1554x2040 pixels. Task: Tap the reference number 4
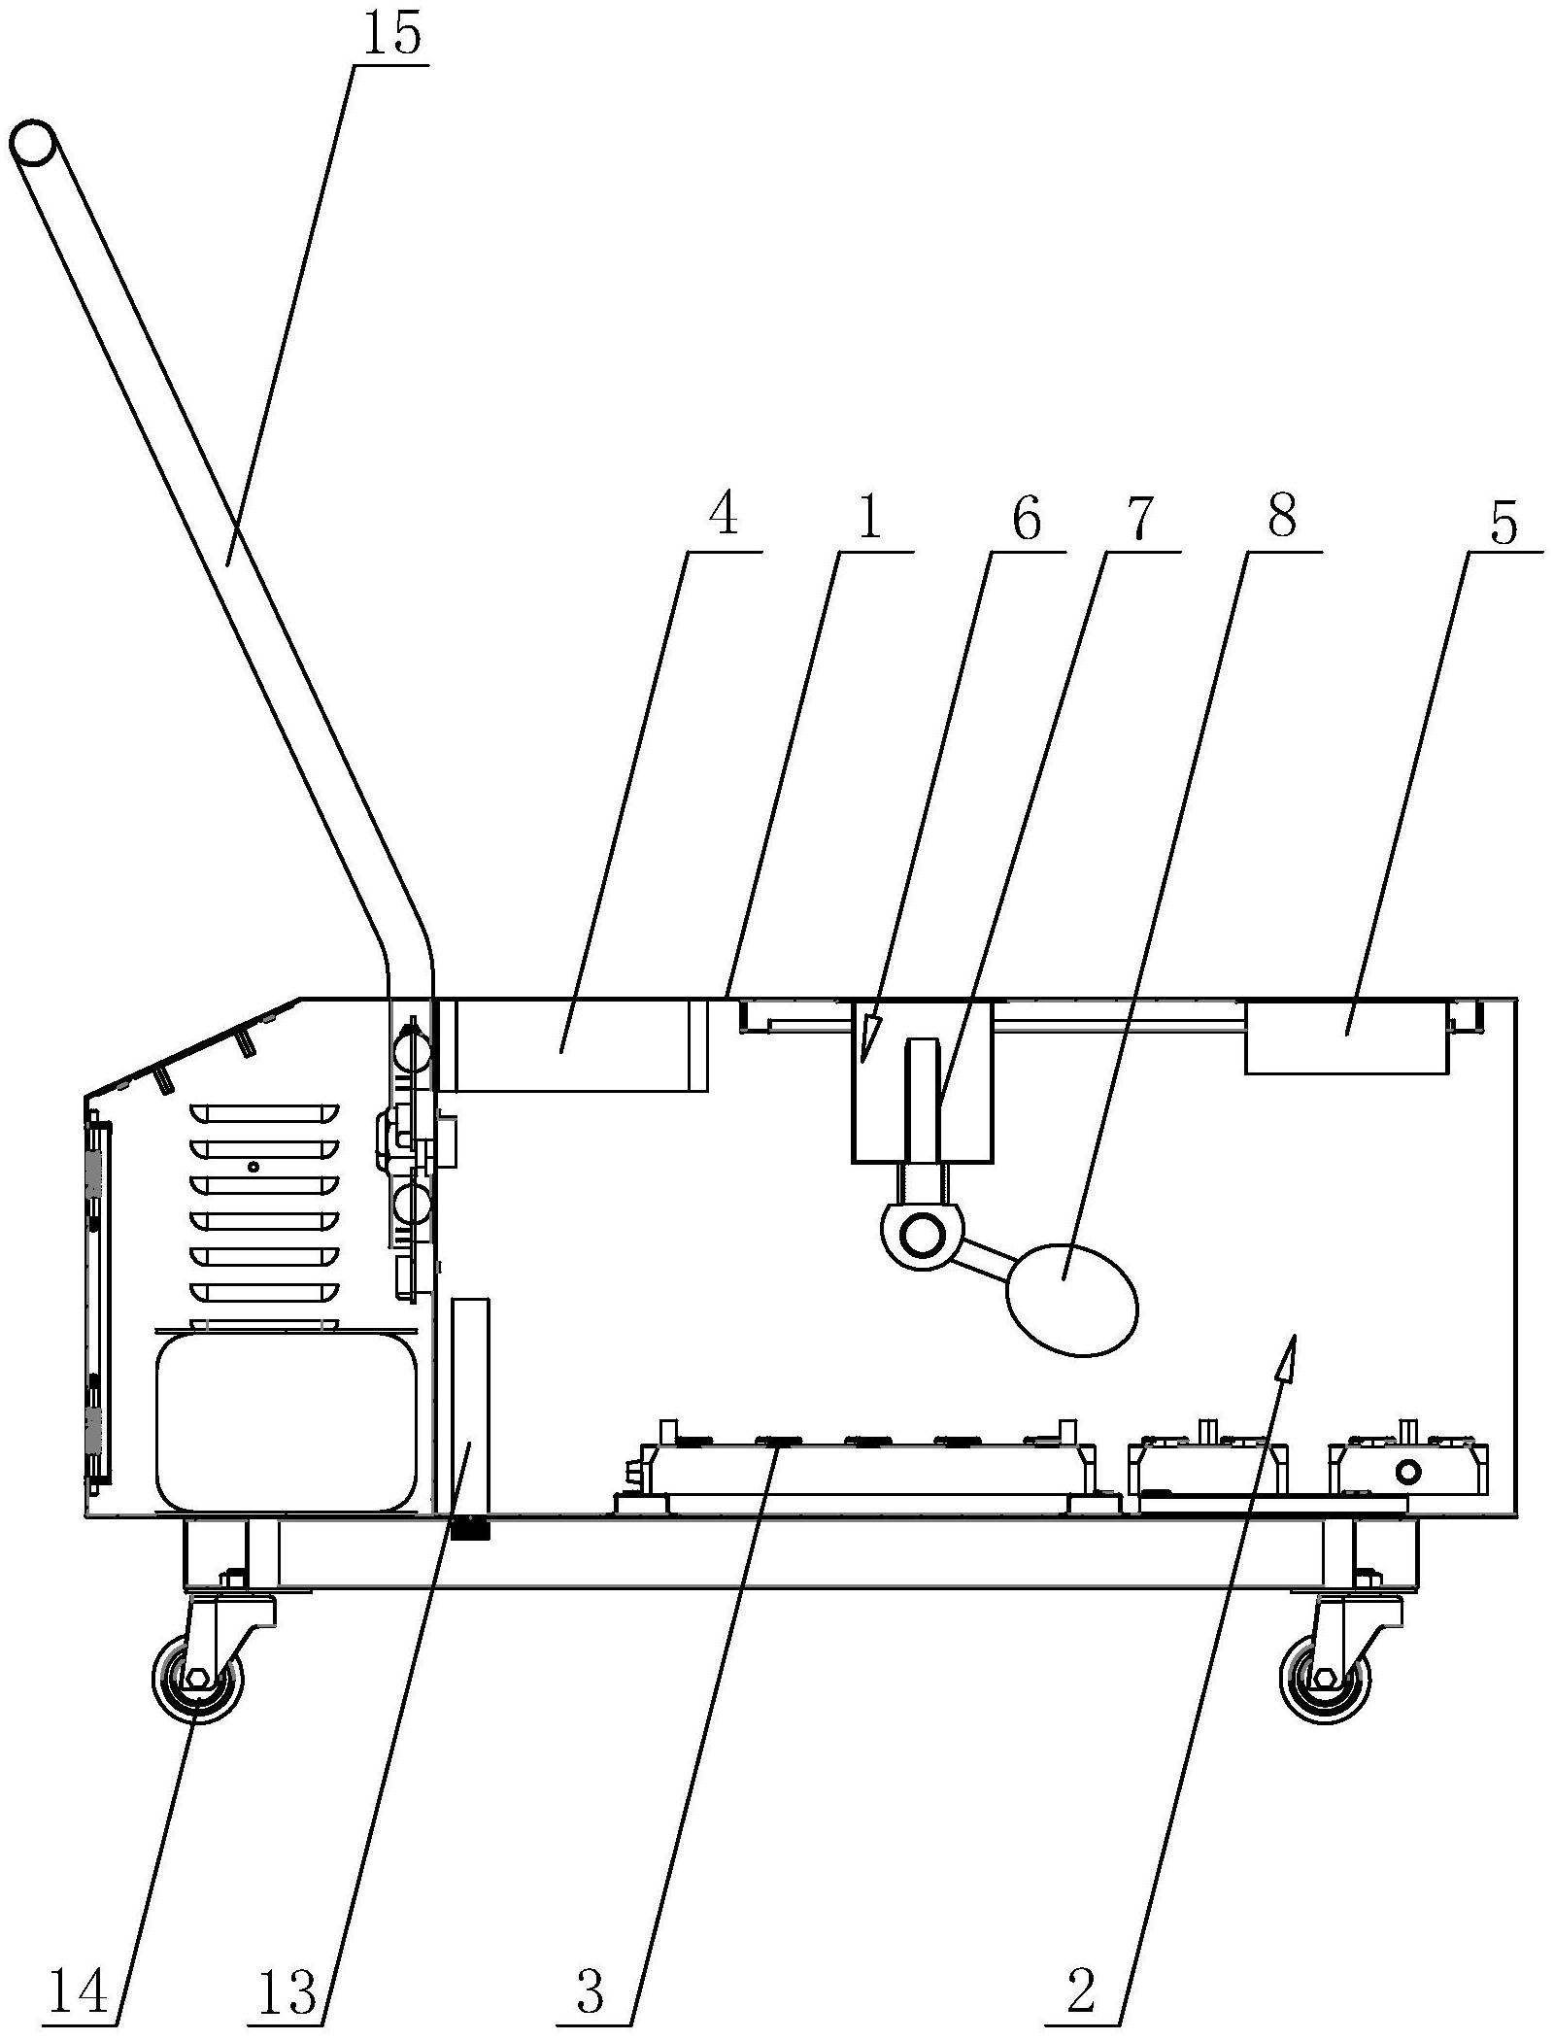click(x=723, y=516)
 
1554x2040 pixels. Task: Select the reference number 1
click(x=868, y=518)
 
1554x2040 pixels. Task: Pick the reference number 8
click(x=1281, y=516)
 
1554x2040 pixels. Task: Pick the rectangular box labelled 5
click(x=1347, y=1037)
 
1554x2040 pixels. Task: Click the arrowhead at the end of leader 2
click(x=1290, y=1356)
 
